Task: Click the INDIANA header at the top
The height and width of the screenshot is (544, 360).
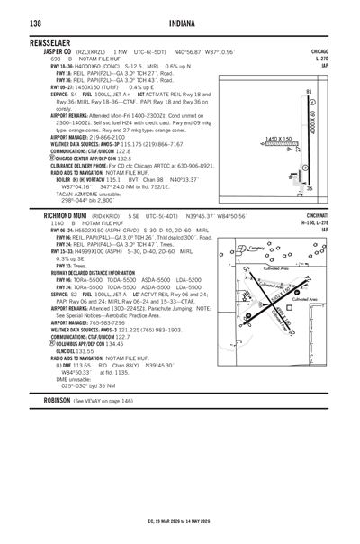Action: [x=180, y=24]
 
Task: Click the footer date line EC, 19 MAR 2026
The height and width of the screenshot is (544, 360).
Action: [x=180, y=521]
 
